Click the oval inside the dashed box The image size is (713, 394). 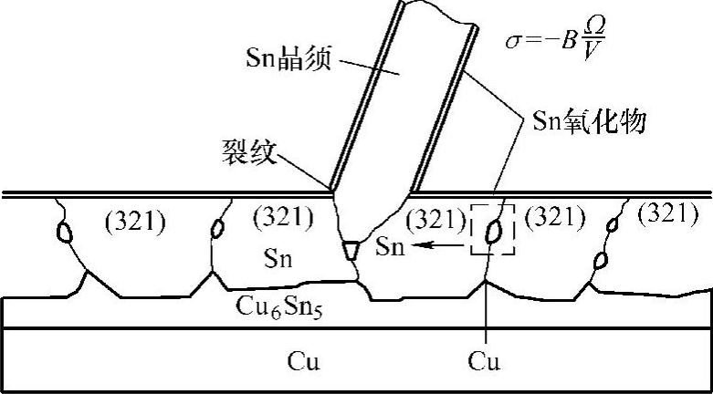[492, 233]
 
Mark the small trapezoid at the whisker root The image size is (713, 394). [352, 248]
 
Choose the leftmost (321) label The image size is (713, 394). [135, 220]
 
